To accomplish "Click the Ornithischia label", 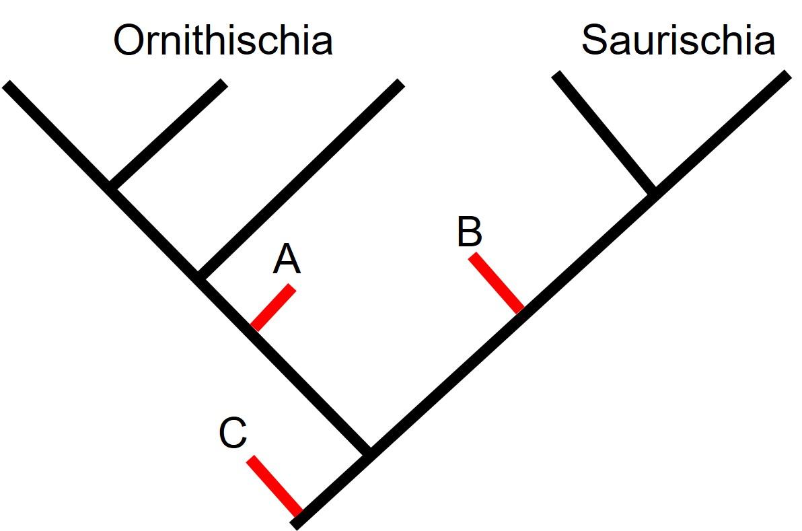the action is pos(223,40).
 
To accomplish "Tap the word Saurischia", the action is pos(678,40).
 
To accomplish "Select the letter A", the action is pos(287,260).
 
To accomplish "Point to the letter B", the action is pos(469,232).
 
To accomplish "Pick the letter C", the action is pos(233,433).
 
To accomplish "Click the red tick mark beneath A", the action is pos(273,308).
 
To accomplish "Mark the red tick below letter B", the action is pos(497,283).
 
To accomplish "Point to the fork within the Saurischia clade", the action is pos(651,191).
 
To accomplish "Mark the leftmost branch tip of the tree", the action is pos(7,84).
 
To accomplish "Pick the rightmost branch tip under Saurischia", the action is pos(787,74).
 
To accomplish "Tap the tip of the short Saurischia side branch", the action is pos(556,74).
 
